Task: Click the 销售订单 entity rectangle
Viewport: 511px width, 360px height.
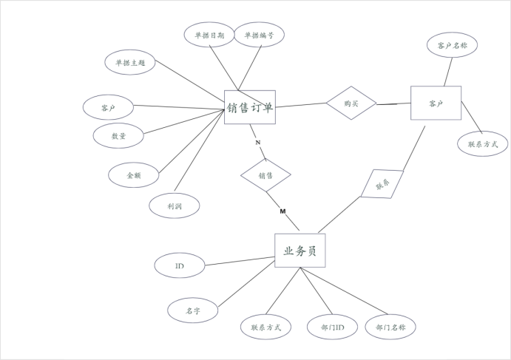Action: (x=249, y=107)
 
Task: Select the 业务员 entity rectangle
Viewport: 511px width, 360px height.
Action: (x=300, y=251)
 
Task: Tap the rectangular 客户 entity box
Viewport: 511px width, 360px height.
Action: (x=436, y=103)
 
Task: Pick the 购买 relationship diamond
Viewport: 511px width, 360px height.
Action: (x=351, y=103)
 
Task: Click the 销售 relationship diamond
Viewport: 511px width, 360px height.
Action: (x=265, y=175)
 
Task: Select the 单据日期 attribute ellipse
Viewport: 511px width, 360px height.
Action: (x=209, y=35)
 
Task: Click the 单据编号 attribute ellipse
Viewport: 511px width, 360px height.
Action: (x=259, y=35)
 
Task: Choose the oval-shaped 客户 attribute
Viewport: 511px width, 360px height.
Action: (x=108, y=108)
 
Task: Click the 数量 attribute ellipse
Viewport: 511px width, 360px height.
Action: (x=118, y=135)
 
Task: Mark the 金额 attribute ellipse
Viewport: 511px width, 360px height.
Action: (x=134, y=175)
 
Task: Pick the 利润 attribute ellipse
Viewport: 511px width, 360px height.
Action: (x=175, y=206)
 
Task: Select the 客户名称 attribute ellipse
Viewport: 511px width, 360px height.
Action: (x=452, y=44)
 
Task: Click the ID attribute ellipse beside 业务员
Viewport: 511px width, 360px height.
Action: (x=180, y=265)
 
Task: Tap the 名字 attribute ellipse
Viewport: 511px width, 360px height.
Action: (x=192, y=311)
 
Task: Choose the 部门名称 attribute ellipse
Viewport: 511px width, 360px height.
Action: (x=390, y=327)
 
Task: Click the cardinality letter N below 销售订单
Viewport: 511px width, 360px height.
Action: (x=257, y=142)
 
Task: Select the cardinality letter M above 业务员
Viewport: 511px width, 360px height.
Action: (x=282, y=211)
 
